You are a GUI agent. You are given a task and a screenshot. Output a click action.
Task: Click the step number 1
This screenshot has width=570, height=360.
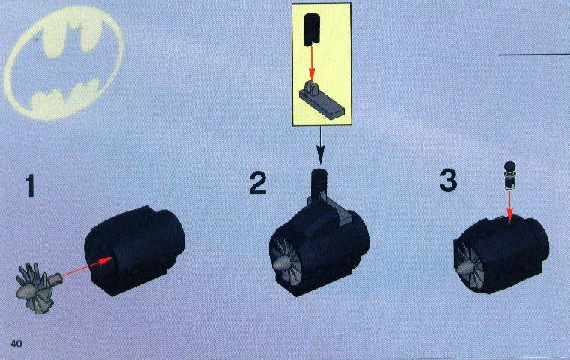31,185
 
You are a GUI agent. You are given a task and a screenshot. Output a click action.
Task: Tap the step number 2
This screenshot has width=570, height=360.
259,183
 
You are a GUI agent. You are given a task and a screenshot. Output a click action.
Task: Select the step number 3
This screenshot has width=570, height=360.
448,181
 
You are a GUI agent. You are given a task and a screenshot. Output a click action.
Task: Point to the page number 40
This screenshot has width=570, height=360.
16,343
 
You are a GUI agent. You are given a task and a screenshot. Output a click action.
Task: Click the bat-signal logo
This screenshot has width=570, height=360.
64,64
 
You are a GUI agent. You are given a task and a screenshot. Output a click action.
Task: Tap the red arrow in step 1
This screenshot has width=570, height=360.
87,266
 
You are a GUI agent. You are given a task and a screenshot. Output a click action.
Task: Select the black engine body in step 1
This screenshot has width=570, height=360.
134,247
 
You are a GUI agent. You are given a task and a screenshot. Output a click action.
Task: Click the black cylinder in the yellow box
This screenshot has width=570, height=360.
310,30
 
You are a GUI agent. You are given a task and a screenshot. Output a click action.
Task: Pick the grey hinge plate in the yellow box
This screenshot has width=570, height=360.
321,100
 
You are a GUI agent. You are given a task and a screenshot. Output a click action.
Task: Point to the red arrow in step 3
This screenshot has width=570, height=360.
509,207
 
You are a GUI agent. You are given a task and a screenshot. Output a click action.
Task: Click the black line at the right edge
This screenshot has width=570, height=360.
534,55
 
